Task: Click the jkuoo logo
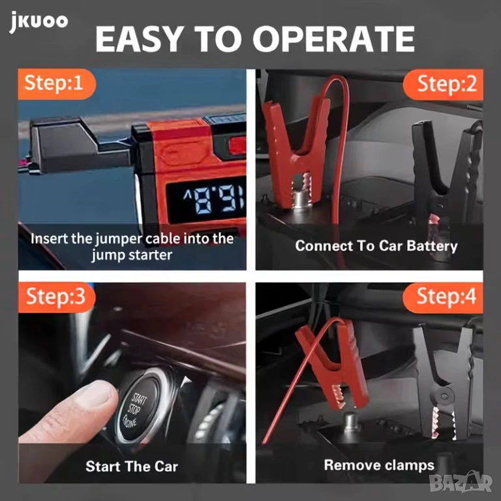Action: pyautogui.click(x=38, y=22)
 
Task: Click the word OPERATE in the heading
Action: pyautogui.click(x=333, y=39)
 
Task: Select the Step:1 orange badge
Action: pyautogui.click(x=57, y=83)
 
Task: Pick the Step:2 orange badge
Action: pyautogui.click(x=443, y=84)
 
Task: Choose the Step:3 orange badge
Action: pyautogui.click(x=57, y=297)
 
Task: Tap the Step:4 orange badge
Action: pyautogui.click(x=443, y=297)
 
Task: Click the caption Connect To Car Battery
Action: pyautogui.click(x=376, y=246)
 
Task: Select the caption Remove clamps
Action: pyautogui.click(x=379, y=465)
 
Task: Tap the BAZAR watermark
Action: pyautogui.click(x=461, y=482)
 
